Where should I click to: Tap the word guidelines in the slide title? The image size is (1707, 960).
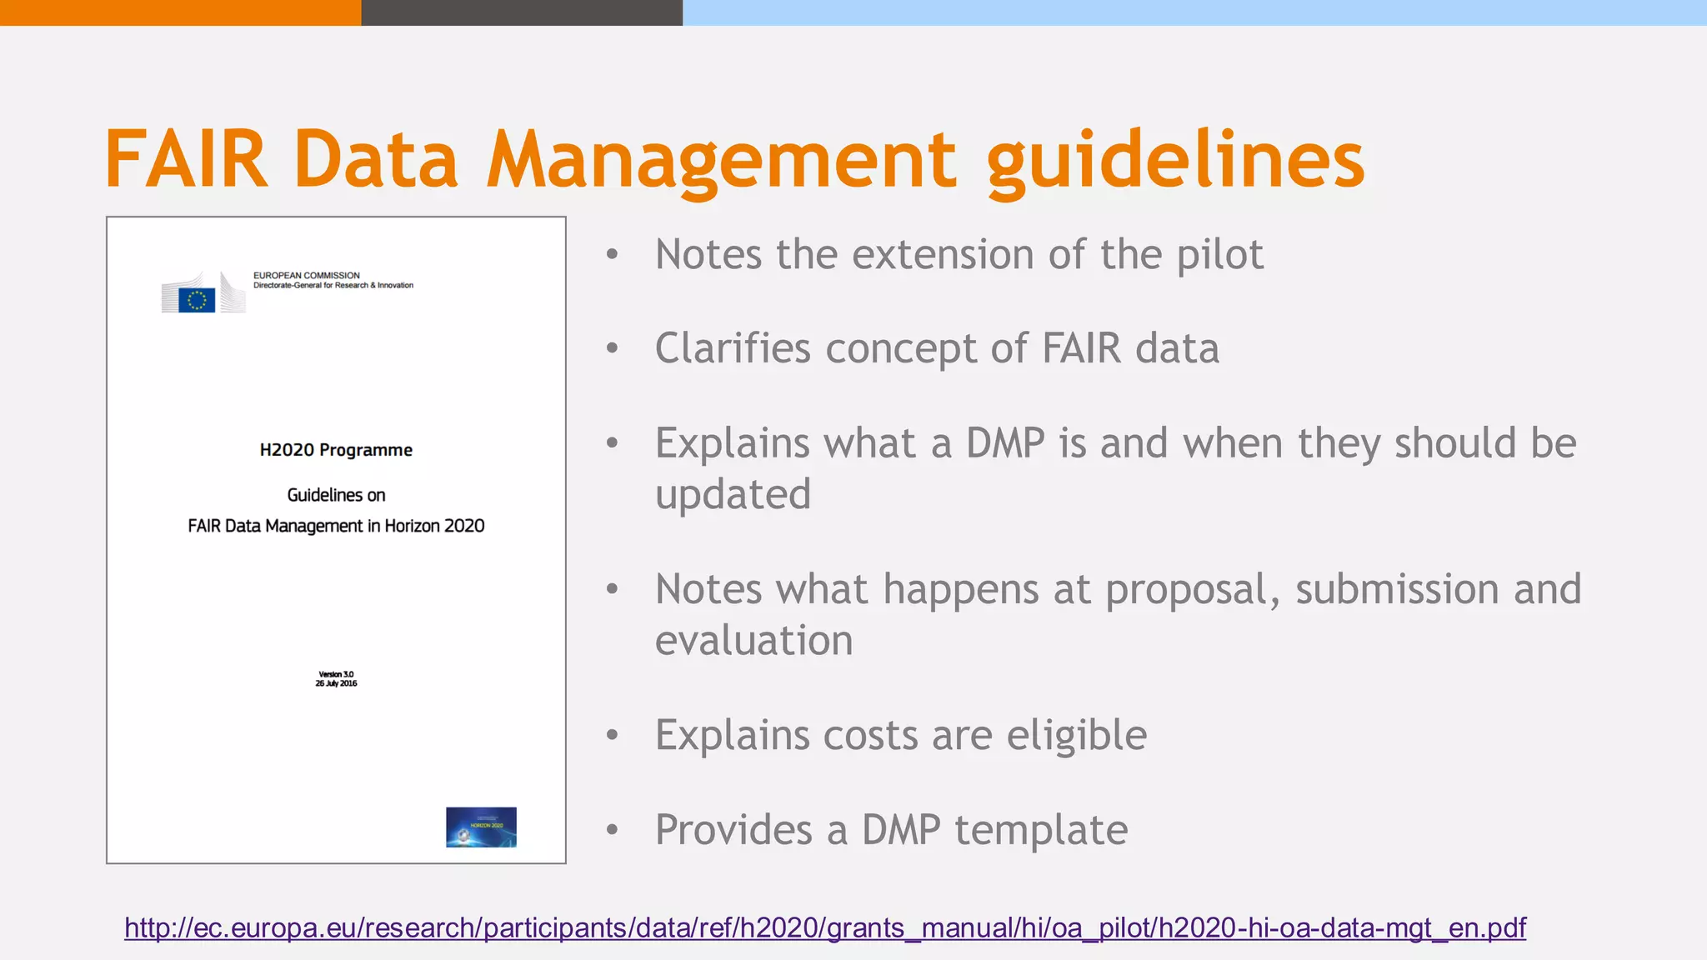pyautogui.click(x=1175, y=159)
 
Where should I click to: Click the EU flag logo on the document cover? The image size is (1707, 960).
pyautogui.click(x=197, y=299)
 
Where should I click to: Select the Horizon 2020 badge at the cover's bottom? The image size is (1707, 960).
pyautogui.click(x=481, y=827)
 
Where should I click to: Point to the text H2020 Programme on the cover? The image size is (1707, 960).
pyautogui.click(x=336, y=450)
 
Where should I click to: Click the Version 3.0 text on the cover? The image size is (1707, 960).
pyautogui.click(x=336, y=674)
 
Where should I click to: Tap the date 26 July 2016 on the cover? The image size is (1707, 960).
pyautogui.click(x=336, y=683)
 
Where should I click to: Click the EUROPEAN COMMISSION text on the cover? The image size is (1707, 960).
pyautogui.click(x=307, y=275)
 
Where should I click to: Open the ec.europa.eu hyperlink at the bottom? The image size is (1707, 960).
pyautogui.click(x=824, y=927)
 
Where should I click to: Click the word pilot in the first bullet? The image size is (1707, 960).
pyautogui.click(x=1219, y=255)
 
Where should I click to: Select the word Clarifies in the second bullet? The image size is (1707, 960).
pyautogui.click(x=733, y=348)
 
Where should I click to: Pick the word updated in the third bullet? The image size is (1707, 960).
pyautogui.click(x=733, y=494)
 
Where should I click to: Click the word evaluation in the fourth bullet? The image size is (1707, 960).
pyautogui.click(x=753, y=640)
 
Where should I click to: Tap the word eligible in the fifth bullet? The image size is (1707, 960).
pyautogui.click(x=1076, y=735)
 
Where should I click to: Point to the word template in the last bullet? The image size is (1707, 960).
pyautogui.click(x=1041, y=830)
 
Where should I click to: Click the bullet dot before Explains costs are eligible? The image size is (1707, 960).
pyautogui.click(x=613, y=735)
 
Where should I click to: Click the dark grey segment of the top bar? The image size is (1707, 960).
pyautogui.click(x=522, y=12)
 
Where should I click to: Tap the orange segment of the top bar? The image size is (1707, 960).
pyautogui.click(x=180, y=12)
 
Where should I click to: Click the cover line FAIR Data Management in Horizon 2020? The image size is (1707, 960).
pyautogui.click(x=336, y=526)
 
